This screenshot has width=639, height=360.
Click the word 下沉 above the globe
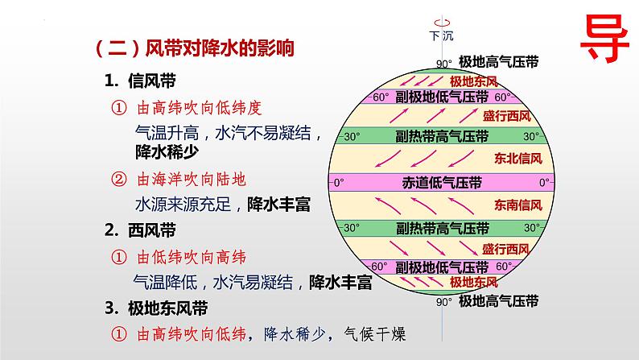[x=442, y=36]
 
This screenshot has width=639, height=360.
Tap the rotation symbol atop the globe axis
[x=442, y=22]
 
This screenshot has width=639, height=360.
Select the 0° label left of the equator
[x=338, y=181]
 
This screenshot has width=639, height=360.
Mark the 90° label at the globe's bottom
[x=443, y=303]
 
